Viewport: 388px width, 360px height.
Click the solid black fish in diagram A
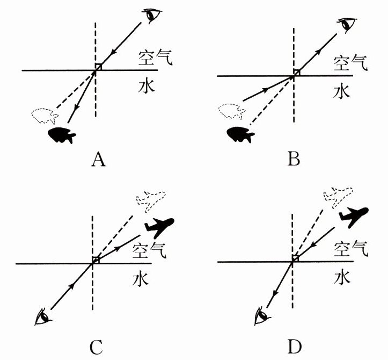pyautogui.click(x=62, y=135)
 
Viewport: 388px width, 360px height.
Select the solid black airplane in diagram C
pyautogui.click(x=159, y=226)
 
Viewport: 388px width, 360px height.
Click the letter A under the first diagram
pyautogui.click(x=97, y=159)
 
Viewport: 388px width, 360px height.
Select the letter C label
pyautogui.click(x=97, y=345)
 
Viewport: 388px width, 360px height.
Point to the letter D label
pyautogui.click(x=293, y=345)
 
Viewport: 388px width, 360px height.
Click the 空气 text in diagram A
pyautogui.click(x=155, y=57)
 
